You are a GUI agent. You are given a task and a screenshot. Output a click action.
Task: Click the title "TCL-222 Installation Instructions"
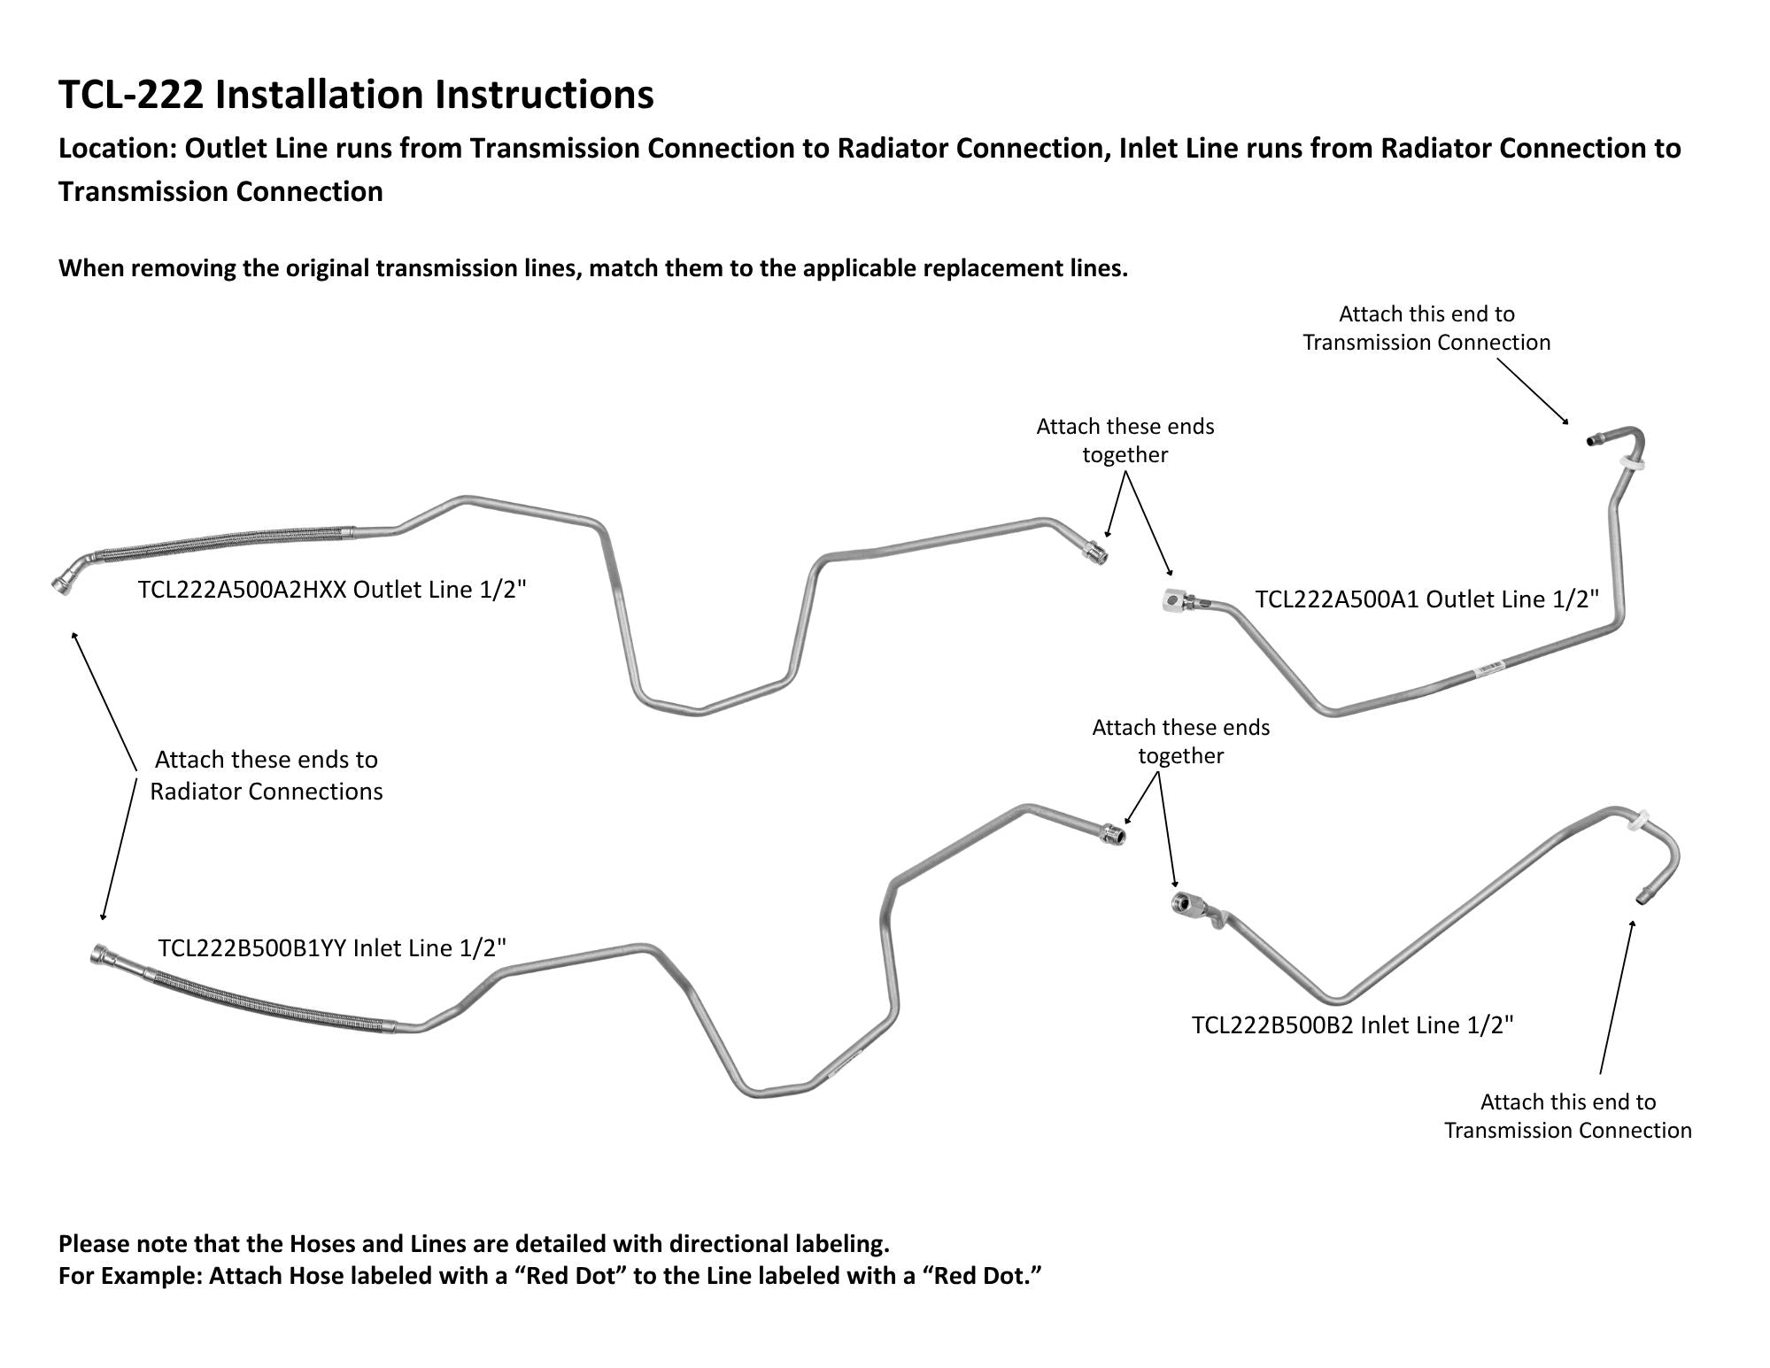coord(356,95)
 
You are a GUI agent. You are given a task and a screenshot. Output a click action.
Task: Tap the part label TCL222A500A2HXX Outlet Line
coord(332,590)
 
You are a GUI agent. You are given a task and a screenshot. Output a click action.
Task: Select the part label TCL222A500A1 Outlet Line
coord(1427,599)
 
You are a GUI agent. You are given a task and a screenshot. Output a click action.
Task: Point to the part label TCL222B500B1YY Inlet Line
coord(332,948)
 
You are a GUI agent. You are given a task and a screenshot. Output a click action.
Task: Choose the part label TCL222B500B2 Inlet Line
coord(1353,1024)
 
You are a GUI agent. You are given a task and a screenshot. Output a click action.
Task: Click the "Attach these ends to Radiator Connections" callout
coord(266,775)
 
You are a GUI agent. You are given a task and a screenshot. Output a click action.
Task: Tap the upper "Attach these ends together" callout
coord(1125,440)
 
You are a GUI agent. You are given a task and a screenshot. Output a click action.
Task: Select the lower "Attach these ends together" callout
coord(1180,741)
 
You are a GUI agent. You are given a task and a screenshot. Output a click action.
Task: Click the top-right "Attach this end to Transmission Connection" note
coord(1426,328)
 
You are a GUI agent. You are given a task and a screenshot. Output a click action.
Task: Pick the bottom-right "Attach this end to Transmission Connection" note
coord(1567,1116)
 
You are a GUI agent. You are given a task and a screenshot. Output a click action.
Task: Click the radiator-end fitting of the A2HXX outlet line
coord(62,584)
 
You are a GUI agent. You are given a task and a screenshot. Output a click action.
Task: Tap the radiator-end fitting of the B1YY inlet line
coord(104,956)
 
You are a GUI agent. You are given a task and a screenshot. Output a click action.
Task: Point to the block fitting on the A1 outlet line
coord(1172,600)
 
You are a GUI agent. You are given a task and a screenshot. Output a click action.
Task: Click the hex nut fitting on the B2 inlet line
coord(1185,904)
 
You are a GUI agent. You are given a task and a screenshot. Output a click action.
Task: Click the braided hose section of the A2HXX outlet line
coord(221,543)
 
